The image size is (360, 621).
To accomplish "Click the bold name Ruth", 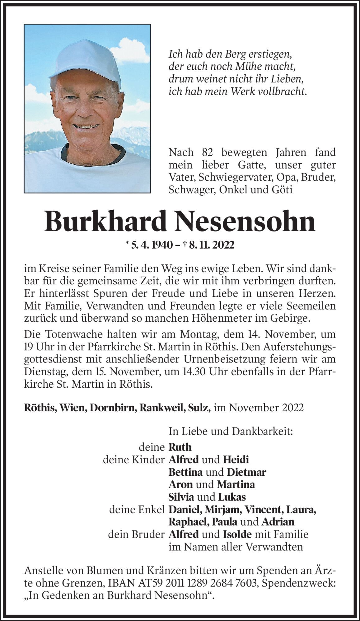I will coord(180,447).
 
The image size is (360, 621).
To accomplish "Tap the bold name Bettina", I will coord(185,472).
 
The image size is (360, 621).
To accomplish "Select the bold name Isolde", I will coord(237,534).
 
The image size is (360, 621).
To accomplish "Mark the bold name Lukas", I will coord(232,497).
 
